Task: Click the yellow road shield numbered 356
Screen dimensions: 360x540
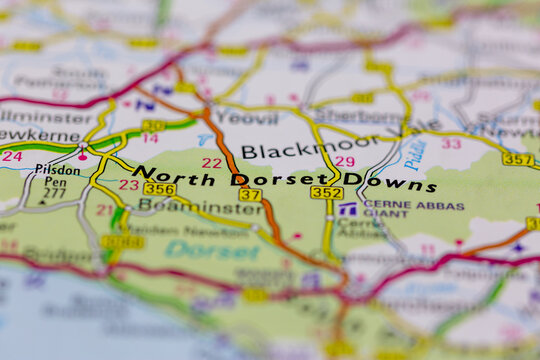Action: pos(159,188)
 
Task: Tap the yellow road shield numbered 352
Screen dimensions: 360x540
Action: pos(326,193)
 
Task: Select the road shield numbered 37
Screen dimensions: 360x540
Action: pos(250,195)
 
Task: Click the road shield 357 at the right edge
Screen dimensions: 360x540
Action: pos(517,159)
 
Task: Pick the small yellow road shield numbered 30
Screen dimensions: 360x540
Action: pos(152,126)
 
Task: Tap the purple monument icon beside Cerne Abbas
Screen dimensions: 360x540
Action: pos(347,209)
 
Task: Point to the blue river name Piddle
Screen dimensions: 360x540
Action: pos(415,152)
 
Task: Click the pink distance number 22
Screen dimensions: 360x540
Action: pos(211,163)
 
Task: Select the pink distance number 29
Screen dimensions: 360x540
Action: pos(344,161)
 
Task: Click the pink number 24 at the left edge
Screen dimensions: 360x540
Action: pos(11,156)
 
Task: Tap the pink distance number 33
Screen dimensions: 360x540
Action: pos(452,144)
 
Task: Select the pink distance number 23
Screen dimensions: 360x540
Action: pos(129,185)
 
